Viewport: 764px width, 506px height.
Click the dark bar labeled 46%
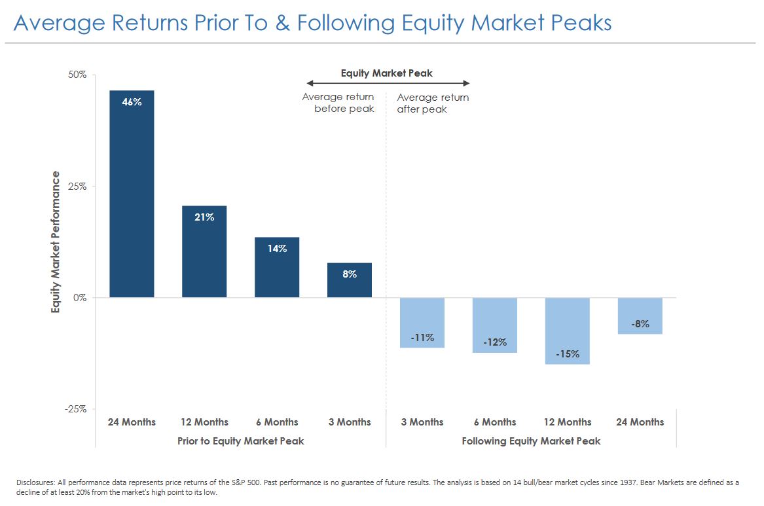point(132,196)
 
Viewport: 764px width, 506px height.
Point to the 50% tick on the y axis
point(78,75)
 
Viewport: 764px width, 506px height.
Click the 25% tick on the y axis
point(78,186)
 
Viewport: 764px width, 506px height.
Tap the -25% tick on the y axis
point(77,409)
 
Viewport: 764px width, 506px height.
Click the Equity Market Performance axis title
point(56,242)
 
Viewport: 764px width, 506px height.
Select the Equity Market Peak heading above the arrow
point(387,73)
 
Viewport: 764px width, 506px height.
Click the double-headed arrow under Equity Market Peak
point(388,83)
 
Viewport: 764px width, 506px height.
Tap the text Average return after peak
point(433,103)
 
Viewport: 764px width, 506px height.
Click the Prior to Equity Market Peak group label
point(241,441)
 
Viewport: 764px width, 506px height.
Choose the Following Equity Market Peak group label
point(531,441)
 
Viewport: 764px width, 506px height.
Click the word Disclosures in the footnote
point(35,482)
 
